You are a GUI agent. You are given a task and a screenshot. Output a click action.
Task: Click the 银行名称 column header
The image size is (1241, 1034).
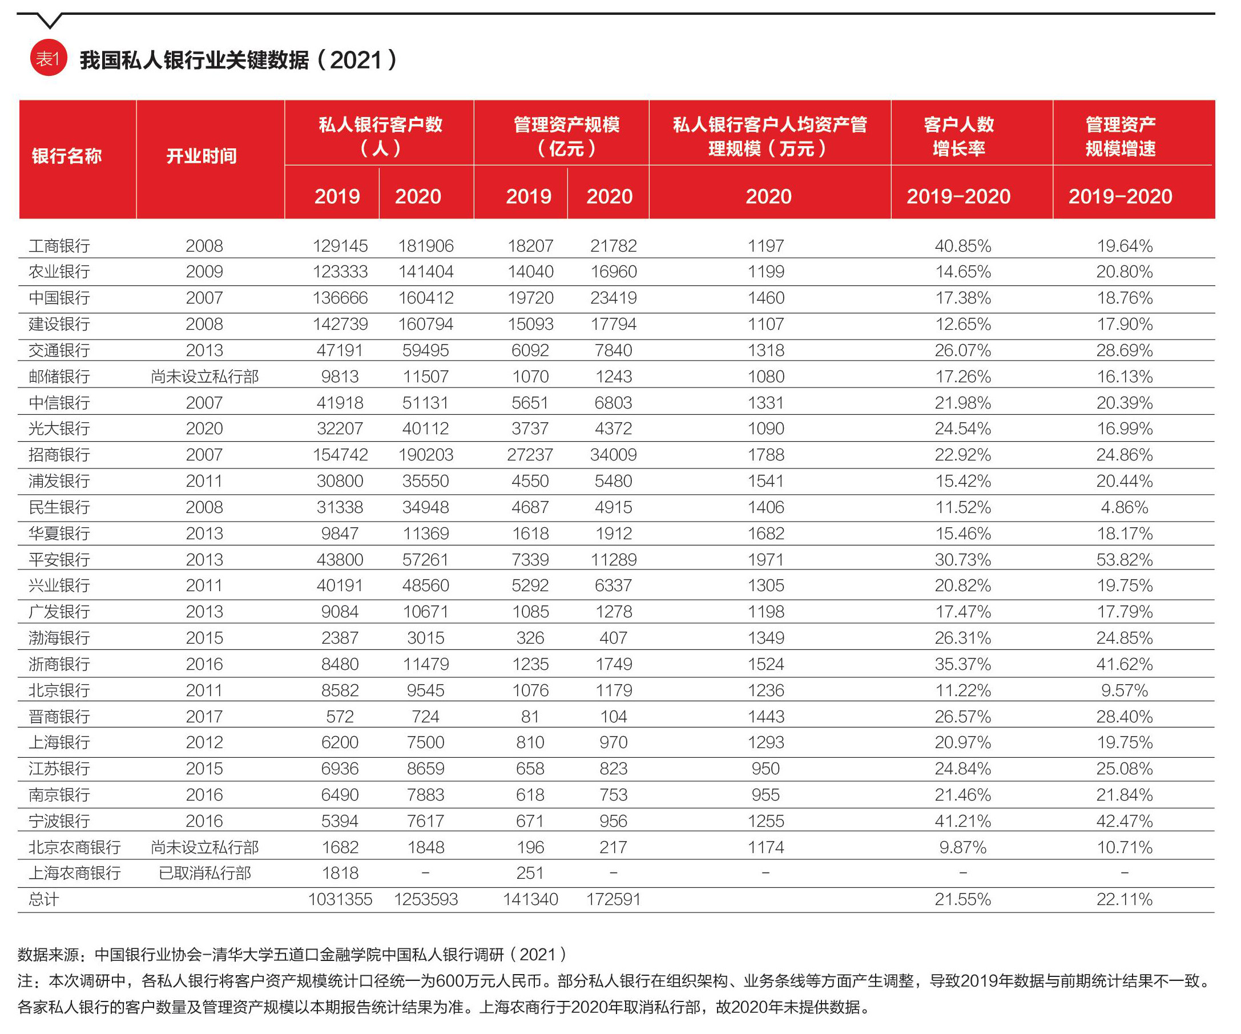(x=67, y=156)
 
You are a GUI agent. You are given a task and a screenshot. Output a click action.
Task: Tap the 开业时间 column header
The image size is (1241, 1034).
(x=202, y=156)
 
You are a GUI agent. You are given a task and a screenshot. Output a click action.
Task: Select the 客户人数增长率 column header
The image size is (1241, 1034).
(x=958, y=136)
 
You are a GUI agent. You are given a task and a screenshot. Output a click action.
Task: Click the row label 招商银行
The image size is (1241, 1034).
(x=59, y=455)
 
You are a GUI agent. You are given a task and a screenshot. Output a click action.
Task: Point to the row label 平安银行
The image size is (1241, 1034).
(x=59, y=560)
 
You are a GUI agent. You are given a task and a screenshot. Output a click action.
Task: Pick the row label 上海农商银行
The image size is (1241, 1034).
(x=74, y=873)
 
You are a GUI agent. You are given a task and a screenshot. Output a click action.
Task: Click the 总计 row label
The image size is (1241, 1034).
(x=44, y=899)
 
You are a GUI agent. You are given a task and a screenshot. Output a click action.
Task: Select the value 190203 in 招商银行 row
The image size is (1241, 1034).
(x=425, y=455)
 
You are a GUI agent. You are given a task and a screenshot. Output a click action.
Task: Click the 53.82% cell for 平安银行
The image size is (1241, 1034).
(x=1125, y=560)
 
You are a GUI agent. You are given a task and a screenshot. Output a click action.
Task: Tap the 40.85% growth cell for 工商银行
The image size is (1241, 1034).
(x=962, y=246)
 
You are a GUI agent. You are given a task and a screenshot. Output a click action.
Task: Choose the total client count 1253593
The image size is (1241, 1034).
(x=425, y=899)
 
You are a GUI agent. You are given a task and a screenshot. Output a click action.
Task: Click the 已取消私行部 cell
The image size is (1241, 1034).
(x=205, y=873)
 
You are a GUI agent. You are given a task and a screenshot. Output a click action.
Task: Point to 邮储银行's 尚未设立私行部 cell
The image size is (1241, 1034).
(x=205, y=377)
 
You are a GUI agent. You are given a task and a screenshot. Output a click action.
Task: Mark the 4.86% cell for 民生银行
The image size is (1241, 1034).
(x=1125, y=507)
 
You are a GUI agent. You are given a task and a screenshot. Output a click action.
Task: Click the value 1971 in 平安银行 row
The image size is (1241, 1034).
(x=766, y=560)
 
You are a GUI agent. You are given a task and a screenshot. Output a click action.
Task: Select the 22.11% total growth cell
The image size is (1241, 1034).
(x=1125, y=899)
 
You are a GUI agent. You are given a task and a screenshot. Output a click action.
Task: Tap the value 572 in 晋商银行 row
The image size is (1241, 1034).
(x=340, y=717)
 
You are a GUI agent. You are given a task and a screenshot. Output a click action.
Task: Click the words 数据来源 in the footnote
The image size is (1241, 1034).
(x=49, y=955)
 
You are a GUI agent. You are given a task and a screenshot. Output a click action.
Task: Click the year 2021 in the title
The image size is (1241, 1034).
(x=356, y=60)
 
